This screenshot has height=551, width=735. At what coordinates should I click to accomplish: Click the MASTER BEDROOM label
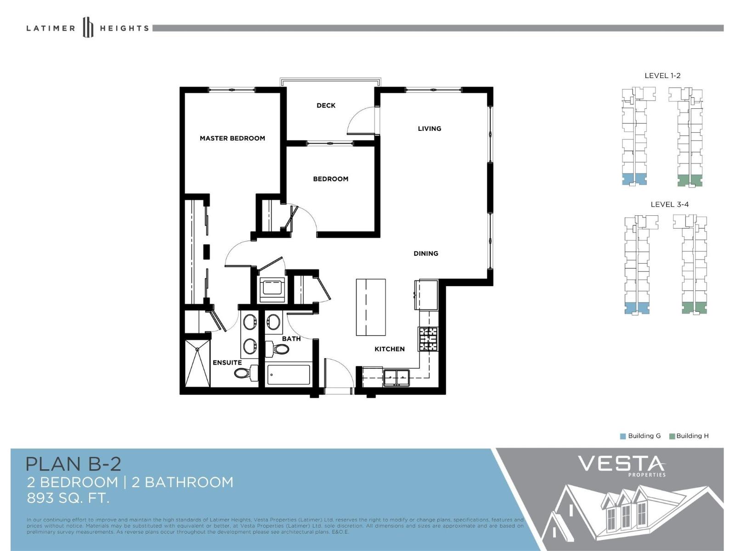[x=232, y=138]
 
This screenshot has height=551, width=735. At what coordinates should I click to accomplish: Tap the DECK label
[x=326, y=106]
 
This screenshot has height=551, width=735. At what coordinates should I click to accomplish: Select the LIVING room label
[x=430, y=129]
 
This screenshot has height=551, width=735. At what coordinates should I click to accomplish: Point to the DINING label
[x=426, y=253]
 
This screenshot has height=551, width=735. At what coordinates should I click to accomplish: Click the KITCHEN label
[x=390, y=349]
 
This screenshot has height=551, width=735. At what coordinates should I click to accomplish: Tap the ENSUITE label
[x=227, y=363]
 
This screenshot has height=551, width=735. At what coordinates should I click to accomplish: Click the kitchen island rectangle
[x=371, y=307]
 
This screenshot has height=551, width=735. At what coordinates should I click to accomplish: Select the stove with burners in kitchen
[x=428, y=339]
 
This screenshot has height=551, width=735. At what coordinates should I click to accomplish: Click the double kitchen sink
[x=396, y=377]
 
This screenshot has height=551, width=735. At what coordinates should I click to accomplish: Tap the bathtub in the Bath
[x=289, y=375]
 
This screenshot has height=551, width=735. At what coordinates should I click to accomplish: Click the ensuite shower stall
[x=198, y=363]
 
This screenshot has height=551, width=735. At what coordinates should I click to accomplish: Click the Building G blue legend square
[x=623, y=436]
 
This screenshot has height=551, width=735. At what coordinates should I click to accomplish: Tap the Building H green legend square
[x=672, y=436]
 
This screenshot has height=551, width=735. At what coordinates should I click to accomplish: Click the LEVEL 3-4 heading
[x=669, y=204]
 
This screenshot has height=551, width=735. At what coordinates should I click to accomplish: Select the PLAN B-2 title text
[x=73, y=464]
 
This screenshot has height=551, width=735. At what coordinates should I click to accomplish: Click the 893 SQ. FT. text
[x=68, y=498]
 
